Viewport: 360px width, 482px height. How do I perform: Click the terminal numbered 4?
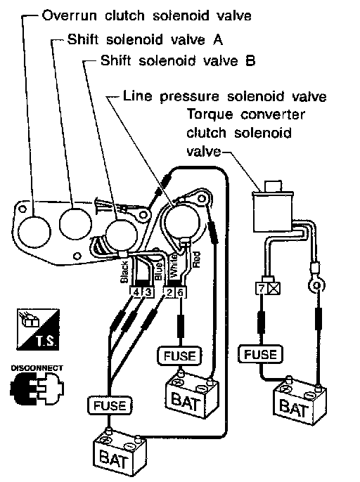(136, 292)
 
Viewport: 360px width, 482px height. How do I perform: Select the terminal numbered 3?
(148, 292)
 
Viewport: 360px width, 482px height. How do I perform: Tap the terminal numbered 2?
(169, 292)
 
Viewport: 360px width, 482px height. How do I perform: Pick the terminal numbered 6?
(181, 292)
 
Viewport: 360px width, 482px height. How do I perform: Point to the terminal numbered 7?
(262, 288)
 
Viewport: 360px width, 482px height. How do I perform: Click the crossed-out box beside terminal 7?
(274, 288)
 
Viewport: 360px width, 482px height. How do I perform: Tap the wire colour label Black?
(124, 272)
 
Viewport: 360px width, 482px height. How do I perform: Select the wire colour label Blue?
(159, 271)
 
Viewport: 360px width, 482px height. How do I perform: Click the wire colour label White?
(174, 266)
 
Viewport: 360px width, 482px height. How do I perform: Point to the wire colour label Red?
(195, 259)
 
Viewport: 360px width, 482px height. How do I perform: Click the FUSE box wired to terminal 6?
(180, 356)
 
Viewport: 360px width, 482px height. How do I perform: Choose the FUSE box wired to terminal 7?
(260, 354)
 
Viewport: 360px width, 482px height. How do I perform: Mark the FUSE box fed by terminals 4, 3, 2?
(110, 405)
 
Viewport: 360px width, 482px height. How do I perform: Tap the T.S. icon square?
(38, 330)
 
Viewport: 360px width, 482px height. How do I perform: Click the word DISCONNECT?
(37, 368)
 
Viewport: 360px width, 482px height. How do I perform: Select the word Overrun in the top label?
(69, 15)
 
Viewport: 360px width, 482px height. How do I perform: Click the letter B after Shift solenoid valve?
(250, 60)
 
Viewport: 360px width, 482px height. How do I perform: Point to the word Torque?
(210, 115)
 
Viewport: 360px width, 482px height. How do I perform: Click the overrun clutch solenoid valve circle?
(34, 231)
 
